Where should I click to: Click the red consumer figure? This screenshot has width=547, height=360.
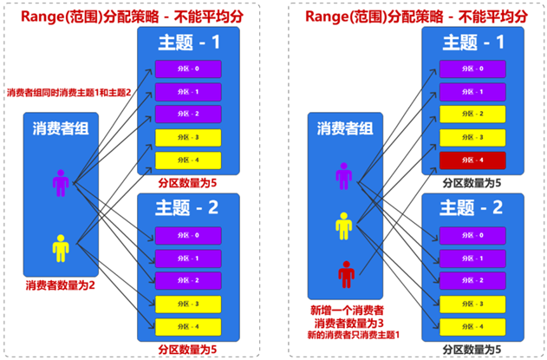click(x=346, y=275)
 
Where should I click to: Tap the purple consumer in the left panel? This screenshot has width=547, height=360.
click(x=60, y=183)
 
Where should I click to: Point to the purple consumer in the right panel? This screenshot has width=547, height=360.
click(x=345, y=176)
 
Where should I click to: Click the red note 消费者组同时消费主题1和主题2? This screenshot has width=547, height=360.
click(x=68, y=93)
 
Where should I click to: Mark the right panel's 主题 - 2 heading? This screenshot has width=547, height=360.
click(x=473, y=207)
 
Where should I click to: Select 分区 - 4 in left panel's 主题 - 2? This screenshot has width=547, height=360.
click(x=189, y=325)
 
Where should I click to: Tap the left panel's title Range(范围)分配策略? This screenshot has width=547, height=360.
click(x=137, y=15)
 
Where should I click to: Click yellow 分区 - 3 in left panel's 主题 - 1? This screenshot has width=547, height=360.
click(x=189, y=137)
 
